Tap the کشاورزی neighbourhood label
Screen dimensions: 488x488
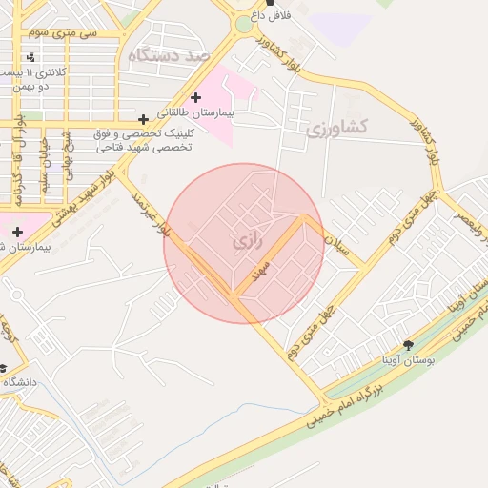click(x=340, y=127)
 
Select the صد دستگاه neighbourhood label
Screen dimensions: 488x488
click(x=170, y=55)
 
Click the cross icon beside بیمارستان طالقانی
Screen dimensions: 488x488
click(x=196, y=97)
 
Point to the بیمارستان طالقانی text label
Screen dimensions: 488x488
click(x=200, y=112)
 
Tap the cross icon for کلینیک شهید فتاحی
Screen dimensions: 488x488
click(x=143, y=119)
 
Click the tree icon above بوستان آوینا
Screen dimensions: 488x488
click(x=409, y=345)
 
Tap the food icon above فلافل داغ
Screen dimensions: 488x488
click(x=256, y=4)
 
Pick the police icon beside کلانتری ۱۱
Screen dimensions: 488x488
click(x=32, y=58)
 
